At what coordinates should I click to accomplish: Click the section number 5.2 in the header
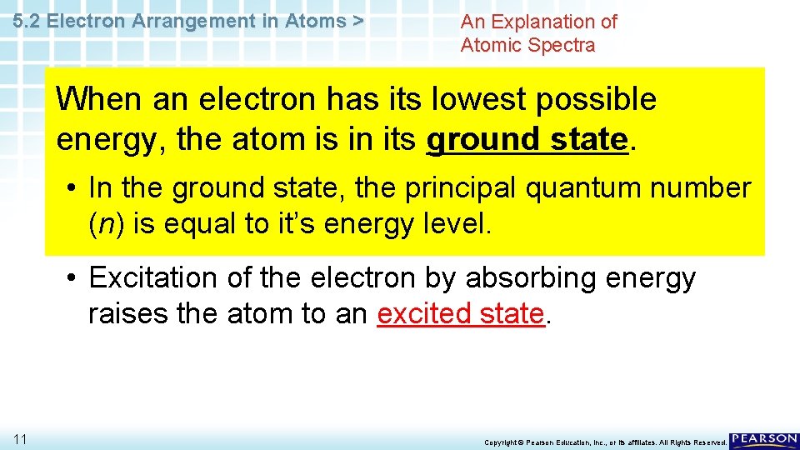click(x=28, y=22)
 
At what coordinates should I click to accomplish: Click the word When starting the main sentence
click(x=99, y=99)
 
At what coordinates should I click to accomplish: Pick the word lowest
click(x=468, y=99)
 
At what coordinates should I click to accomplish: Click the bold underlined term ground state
click(x=526, y=138)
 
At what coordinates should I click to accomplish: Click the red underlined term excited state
click(x=461, y=314)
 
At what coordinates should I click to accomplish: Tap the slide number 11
click(x=21, y=439)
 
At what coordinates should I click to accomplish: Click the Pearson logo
click(x=764, y=440)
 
